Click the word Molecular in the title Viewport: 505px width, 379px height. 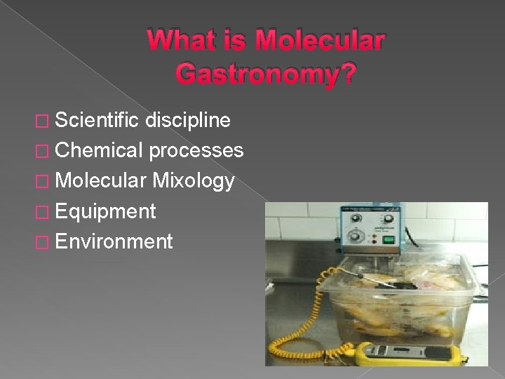320,40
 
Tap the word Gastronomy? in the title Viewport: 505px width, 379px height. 266,73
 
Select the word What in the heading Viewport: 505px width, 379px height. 183,40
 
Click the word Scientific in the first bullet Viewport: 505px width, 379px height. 97,120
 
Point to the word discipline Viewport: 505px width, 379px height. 188,120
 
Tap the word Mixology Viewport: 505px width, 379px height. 194,181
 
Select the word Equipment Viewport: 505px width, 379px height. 105,211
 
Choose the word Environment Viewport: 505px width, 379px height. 113,241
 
